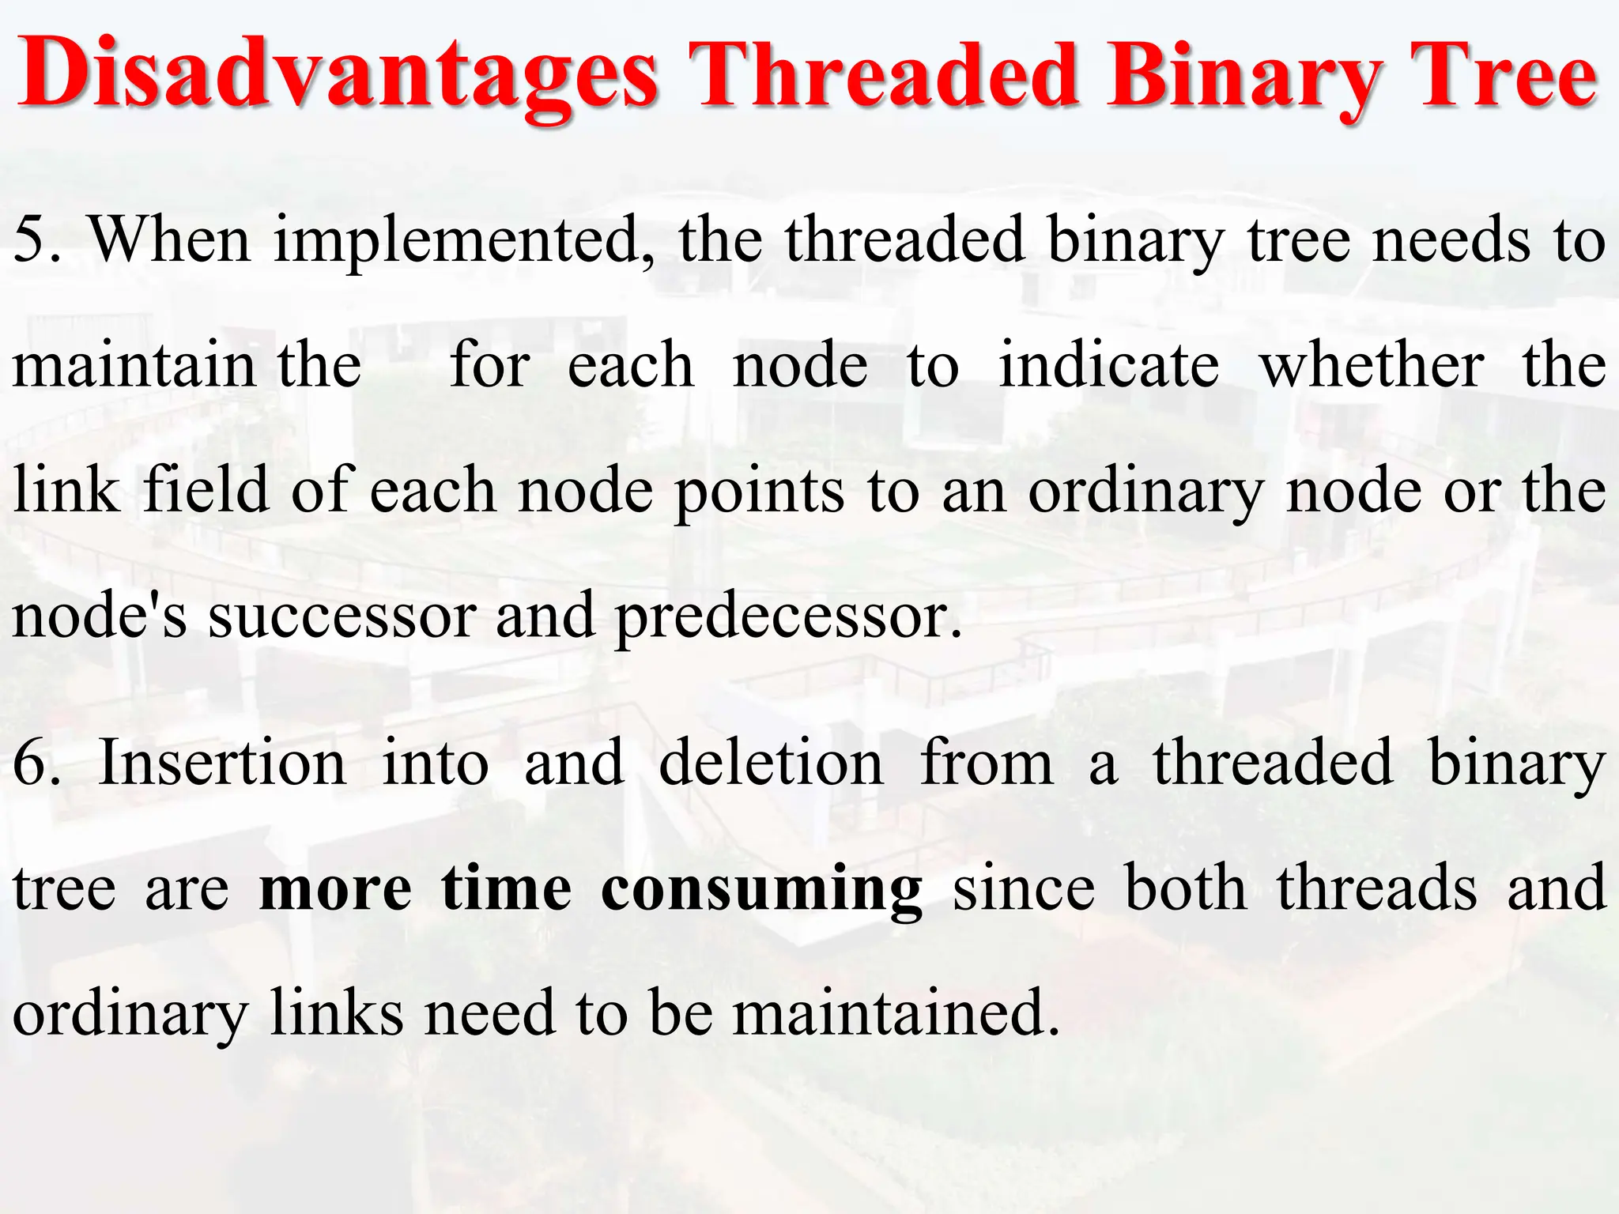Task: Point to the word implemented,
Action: pos(464,241)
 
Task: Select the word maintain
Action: pos(134,365)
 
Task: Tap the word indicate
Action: pos(1108,365)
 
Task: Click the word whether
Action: pos(1372,365)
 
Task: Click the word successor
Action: pos(342,616)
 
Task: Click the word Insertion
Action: pos(222,763)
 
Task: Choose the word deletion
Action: pos(771,763)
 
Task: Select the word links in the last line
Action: pos(337,1013)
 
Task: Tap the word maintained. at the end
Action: pos(896,1013)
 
